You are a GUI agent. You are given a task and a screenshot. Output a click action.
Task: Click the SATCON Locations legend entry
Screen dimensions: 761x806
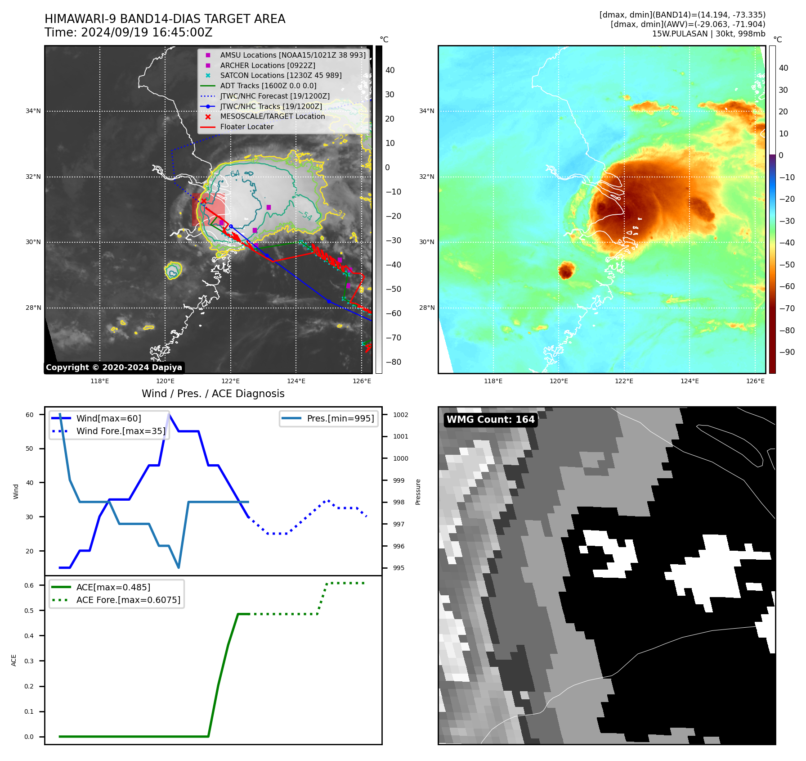[x=281, y=76]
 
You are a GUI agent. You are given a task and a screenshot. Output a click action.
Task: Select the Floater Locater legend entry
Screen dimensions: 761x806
[x=246, y=127]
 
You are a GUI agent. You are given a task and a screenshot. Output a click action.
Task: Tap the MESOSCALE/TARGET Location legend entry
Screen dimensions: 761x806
[x=272, y=117]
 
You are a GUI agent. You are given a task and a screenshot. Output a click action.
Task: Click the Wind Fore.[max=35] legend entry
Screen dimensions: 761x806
[x=121, y=431]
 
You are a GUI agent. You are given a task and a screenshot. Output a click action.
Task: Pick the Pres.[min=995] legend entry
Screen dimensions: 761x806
[x=340, y=418]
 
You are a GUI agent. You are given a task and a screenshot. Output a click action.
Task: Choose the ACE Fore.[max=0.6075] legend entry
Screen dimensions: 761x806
[x=128, y=600]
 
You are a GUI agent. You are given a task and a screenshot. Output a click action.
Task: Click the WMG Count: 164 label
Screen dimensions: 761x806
[x=490, y=420]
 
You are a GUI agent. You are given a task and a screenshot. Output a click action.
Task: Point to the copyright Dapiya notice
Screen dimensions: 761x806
[x=114, y=367]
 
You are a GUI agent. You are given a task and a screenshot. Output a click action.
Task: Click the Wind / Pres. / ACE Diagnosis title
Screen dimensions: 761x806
[x=213, y=394]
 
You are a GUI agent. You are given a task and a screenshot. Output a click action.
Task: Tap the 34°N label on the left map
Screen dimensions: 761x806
[x=33, y=111]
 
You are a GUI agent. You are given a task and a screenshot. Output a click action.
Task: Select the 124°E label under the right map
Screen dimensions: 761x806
[x=690, y=381]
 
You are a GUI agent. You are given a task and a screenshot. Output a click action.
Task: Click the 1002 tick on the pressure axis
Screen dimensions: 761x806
[x=400, y=415]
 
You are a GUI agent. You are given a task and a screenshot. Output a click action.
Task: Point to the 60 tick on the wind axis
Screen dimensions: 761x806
[x=30, y=415]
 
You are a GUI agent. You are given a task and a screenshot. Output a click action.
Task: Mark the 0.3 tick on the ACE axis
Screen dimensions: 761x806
[x=29, y=661]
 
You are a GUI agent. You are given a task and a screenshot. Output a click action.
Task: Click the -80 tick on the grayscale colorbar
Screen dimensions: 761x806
[x=393, y=362]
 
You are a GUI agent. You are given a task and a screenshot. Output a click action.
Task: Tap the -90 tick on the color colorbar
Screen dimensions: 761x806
[x=787, y=352]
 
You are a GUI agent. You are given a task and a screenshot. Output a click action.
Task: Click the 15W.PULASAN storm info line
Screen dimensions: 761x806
[x=708, y=34]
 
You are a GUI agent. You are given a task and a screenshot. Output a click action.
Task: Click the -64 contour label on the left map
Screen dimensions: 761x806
[x=235, y=174]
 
